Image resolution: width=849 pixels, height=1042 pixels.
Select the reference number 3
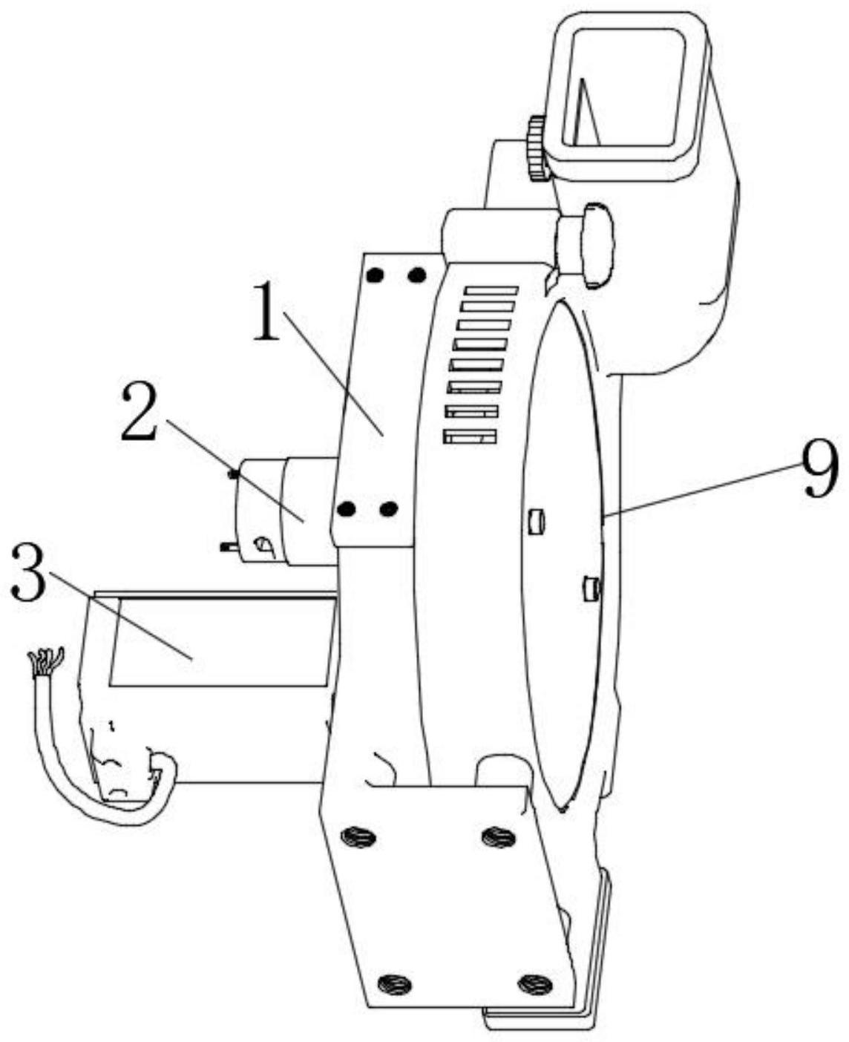click(30, 575)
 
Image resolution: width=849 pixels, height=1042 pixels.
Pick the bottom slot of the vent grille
click(469, 437)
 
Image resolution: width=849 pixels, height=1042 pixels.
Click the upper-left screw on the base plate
click(358, 837)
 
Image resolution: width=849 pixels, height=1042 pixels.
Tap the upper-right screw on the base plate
click(498, 838)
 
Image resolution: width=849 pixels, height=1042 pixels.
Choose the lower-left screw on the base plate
click(394, 985)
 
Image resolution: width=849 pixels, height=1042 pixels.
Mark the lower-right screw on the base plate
click(534, 984)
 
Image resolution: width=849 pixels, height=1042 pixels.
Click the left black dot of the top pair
click(376, 275)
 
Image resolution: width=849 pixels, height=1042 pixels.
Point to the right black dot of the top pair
click(417, 275)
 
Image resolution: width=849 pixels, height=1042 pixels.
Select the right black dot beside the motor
click(388, 509)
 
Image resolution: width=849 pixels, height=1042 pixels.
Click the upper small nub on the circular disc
click(536, 521)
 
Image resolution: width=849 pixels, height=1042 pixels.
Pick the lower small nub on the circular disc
click(590, 588)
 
